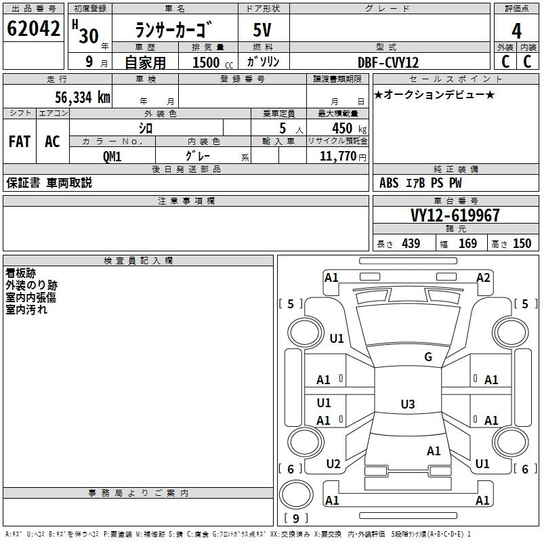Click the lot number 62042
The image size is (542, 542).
tap(33, 28)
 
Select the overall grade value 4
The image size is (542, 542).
tap(516, 31)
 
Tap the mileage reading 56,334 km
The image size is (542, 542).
tap(83, 97)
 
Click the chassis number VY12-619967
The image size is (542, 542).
tap(455, 215)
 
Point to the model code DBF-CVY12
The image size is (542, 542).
tap(388, 62)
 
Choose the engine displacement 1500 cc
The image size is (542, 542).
tap(213, 62)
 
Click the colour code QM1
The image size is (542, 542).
tap(112, 157)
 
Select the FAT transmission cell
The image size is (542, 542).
tap(20, 142)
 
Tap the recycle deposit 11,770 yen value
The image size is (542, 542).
tap(343, 157)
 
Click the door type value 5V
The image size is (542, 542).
tap(262, 30)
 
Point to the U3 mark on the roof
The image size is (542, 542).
tap(408, 404)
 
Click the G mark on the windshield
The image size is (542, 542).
tap(428, 356)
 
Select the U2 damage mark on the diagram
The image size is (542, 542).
tap(333, 463)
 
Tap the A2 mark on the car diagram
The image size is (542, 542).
tap(483, 277)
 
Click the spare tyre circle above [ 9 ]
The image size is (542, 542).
tap(296, 495)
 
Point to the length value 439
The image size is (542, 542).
tap(411, 243)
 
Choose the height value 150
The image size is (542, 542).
tap(522, 243)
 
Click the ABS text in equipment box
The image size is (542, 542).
tap(389, 183)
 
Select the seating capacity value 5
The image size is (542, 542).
tap(283, 128)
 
